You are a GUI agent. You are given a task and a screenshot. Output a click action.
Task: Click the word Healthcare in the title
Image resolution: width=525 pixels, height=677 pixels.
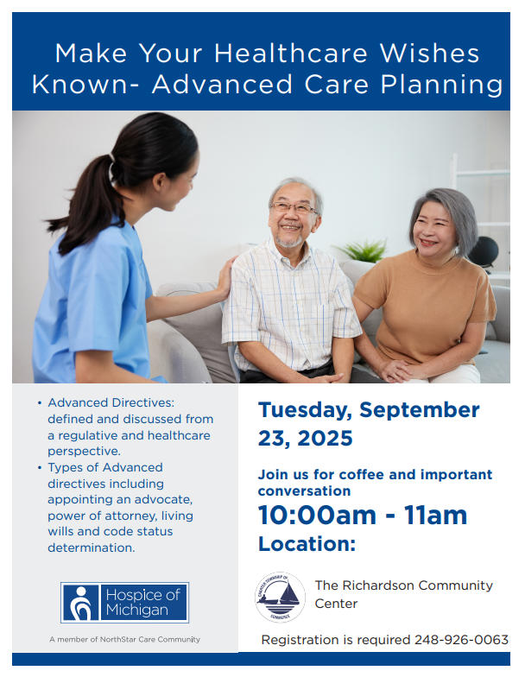click(291, 54)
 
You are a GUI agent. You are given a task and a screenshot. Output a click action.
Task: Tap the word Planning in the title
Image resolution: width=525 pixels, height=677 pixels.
click(442, 85)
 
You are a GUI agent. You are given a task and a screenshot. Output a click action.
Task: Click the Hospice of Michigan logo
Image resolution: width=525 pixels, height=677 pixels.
click(124, 603)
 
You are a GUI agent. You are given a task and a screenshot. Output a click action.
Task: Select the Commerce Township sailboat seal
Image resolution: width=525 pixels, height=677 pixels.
click(280, 598)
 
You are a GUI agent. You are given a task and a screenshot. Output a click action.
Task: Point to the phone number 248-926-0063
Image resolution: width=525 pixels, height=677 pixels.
click(461, 639)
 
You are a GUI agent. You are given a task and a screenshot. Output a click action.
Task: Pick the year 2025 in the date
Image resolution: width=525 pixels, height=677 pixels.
click(325, 439)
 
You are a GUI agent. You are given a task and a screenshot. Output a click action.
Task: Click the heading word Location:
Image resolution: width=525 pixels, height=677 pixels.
click(307, 544)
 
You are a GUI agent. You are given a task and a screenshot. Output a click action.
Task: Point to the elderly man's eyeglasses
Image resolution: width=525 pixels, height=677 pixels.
click(294, 207)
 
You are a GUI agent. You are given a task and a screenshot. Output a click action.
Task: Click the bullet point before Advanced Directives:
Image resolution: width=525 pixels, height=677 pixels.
click(40, 403)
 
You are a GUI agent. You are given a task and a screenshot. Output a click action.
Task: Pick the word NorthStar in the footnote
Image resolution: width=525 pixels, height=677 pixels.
click(117, 639)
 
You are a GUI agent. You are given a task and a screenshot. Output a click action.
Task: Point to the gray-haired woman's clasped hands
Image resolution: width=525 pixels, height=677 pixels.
click(396, 370)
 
